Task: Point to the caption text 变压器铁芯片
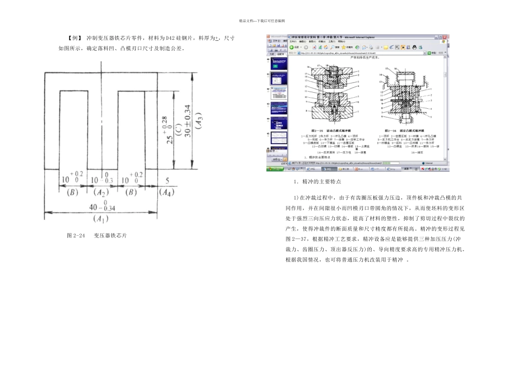click(x=110, y=236)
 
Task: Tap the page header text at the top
click(x=261, y=21)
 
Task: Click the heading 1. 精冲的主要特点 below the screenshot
click(x=317, y=182)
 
